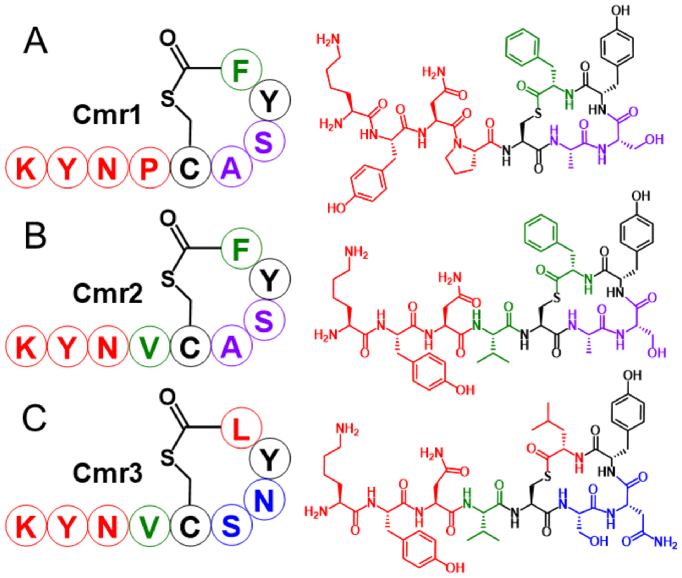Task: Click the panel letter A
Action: pyautogui.click(x=35, y=41)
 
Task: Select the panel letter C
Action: pyautogui.click(x=34, y=418)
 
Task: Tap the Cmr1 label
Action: pyautogui.click(x=107, y=115)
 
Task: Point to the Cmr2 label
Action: pyautogui.click(x=108, y=294)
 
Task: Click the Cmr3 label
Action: pyautogui.click(x=108, y=473)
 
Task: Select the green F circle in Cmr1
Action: pyautogui.click(x=241, y=70)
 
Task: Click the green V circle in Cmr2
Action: pyautogui.click(x=150, y=346)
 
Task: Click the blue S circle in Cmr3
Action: pyautogui.click(x=231, y=525)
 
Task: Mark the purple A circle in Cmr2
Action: pyautogui.click(x=231, y=346)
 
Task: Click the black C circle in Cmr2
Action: pyautogui.click(x=190, y=346)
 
